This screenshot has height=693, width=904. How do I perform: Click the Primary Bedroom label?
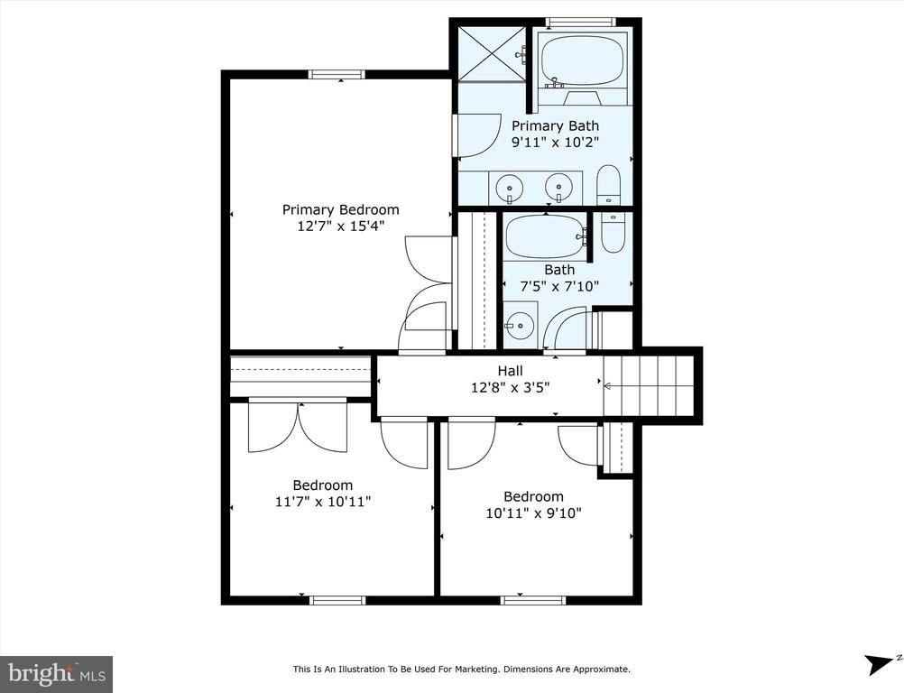coord(340,210)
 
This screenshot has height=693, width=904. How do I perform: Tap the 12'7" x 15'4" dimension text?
coord(340,226)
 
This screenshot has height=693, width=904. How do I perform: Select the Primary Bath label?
coord(555,126)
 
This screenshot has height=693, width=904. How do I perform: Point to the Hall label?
coord(510,371)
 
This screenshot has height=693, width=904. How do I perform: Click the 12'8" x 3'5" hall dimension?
coord(510,387)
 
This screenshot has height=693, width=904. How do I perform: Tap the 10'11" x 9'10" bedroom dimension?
coord(533,513)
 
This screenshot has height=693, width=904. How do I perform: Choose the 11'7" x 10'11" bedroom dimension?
coord(322,502)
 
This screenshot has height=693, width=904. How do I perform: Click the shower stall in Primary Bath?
coord(491,53)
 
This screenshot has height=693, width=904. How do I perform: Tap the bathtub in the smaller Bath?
coord(545,236)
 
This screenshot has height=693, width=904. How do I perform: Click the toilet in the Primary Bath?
coord(609,185)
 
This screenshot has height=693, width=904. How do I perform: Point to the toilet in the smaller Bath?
coord(613,232)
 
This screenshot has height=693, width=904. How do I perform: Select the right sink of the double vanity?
coord(560,188)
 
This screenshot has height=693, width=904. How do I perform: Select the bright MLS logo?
coord(56,673)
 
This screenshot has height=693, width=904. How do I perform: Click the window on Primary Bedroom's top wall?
coord(337,75)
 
